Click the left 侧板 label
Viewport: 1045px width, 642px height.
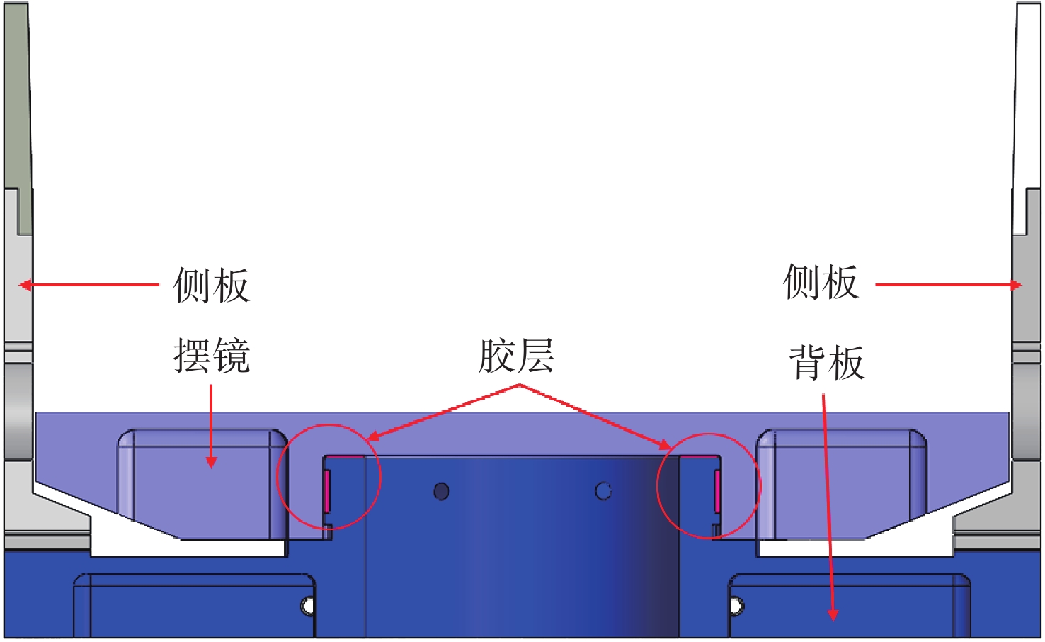[x=211, y=286]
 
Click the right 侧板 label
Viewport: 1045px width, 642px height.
[x=821, y=283]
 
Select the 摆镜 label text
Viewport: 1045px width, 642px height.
[x=211, y=356]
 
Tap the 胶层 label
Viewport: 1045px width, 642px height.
[x=516, y=356]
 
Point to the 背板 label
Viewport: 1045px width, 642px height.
[x=826, y=363]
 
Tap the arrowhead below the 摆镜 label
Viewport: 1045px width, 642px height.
[x=211, y=462]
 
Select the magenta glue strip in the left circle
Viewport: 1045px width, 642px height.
[x=327, y=490]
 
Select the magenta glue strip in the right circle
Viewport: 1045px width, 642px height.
[x=717, y=490]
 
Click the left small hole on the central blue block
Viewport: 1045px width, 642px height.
[x=441, y=491]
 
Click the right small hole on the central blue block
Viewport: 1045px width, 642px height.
[x=603, y=491]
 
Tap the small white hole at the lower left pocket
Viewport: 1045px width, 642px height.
[x=308, y=606]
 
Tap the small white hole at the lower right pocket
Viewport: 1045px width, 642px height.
[x=736, y=606]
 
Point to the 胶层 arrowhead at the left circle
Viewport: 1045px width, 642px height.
[x=371, y=438]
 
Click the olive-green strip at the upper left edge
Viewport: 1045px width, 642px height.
[x=17, y=106]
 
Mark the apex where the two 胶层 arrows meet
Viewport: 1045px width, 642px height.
[x=520, y=385]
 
